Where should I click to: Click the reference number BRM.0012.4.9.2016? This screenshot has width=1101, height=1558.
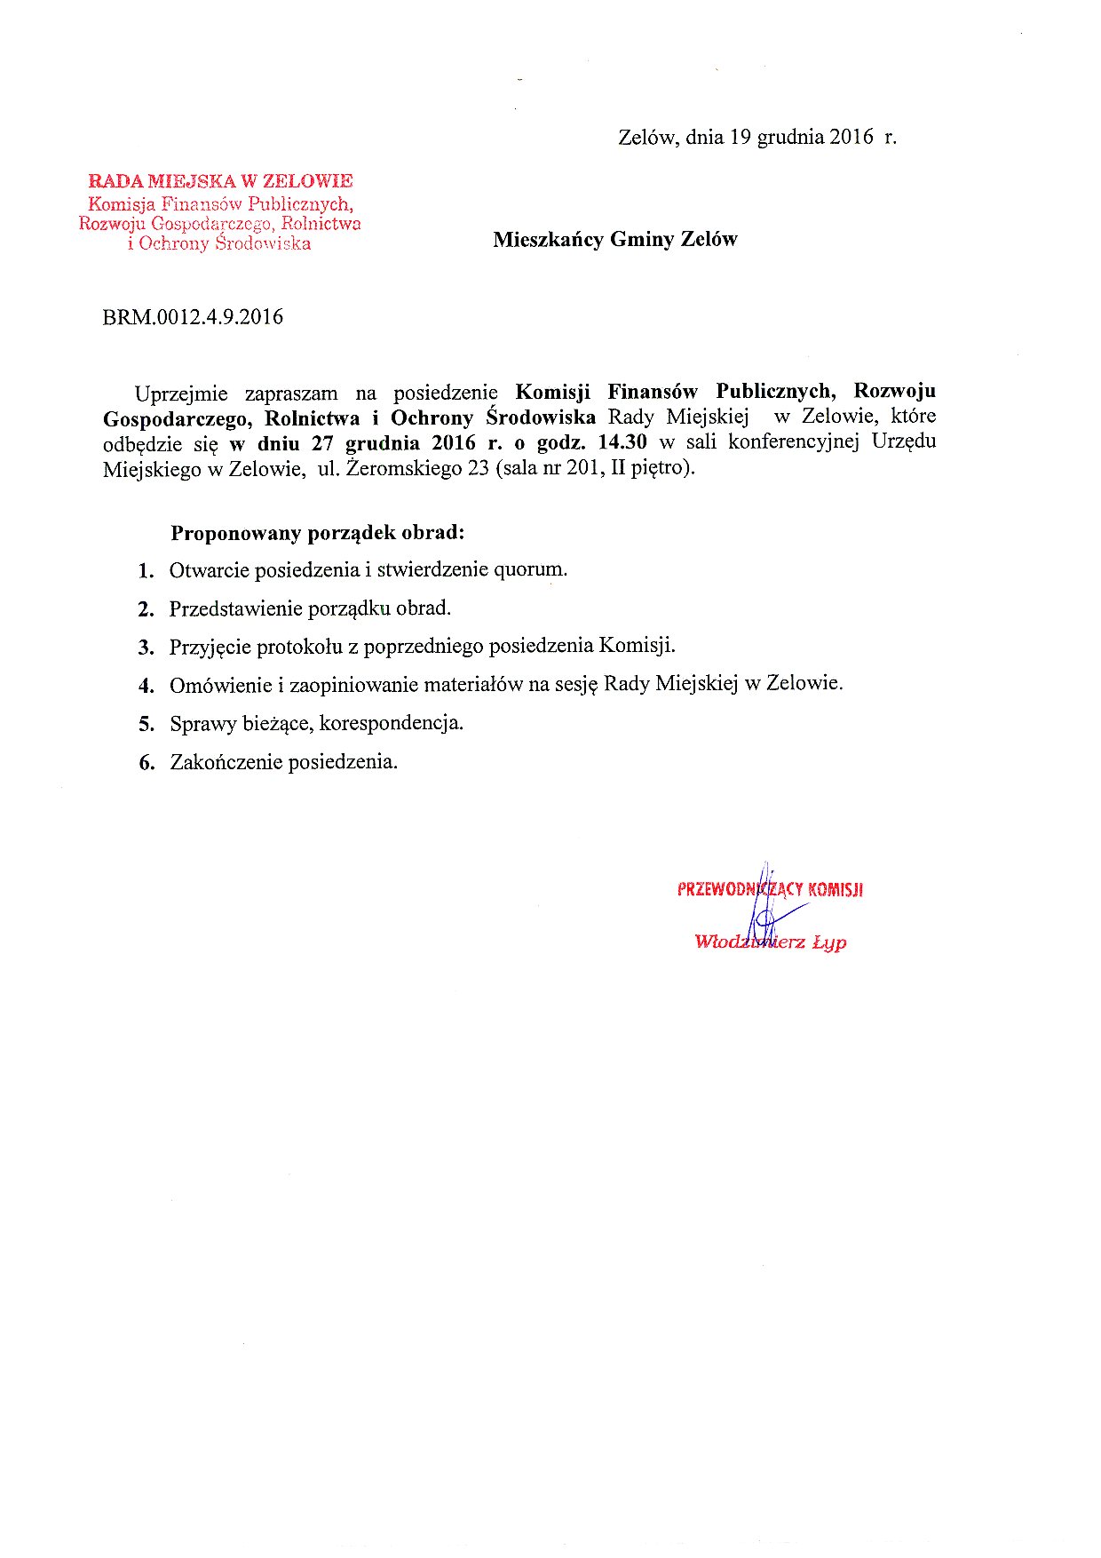coord(193,317)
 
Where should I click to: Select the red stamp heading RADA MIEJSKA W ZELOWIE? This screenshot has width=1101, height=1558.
coord(220,181)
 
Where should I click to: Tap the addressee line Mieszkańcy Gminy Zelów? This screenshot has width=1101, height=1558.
coord(615,239)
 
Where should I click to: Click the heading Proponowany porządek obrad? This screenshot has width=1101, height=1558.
coord(318,533)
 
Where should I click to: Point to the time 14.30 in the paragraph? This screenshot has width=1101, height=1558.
coord(624,442)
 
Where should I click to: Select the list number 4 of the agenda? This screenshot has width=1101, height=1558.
coord(146,686)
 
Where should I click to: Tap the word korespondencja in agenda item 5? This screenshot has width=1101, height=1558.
coord(391,723)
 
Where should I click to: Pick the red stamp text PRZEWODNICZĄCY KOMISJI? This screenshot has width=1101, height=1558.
coord(770,889)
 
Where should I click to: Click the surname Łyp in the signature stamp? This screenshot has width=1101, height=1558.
coord(829,942)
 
